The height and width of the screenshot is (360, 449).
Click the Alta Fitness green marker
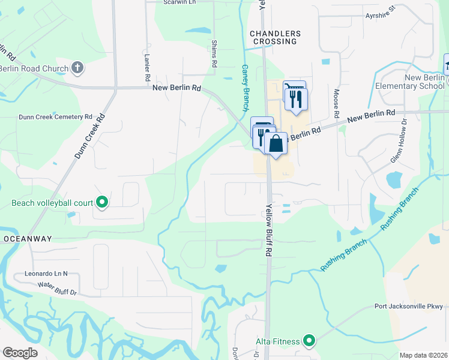pyautogui.click(x=309, y=341)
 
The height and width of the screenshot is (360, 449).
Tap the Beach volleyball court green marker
pyautogui.click(x=102, y=203)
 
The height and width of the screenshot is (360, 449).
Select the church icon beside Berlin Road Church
pyautogui.click(x=77, y=68)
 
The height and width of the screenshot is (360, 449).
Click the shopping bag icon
pyautogui.click(x=276, y=144)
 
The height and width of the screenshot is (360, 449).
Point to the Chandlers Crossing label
pyautogui.click(x=274, y=37)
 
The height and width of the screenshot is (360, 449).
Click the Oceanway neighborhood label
pyautogui.click(x=27, y=239)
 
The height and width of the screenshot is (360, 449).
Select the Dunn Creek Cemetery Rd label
pyautogui.click(x=55, y=117)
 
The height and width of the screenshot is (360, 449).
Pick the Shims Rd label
pyautogui.click(x=214, y=54)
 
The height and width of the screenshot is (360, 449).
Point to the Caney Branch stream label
pyautogui.click(x=245, y=88)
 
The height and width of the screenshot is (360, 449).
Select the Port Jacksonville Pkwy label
pyautogui.click(x=408, y=307)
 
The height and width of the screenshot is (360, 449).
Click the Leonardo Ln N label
pyautogui.click(x=47, y=273)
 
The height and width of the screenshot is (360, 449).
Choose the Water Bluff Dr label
pyautogui.click(x=58, y=289)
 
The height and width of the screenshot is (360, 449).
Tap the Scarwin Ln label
pyautogui.click(x=181, y=2)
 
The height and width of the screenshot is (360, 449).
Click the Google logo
pyautogui.click(x=20, y=352)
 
